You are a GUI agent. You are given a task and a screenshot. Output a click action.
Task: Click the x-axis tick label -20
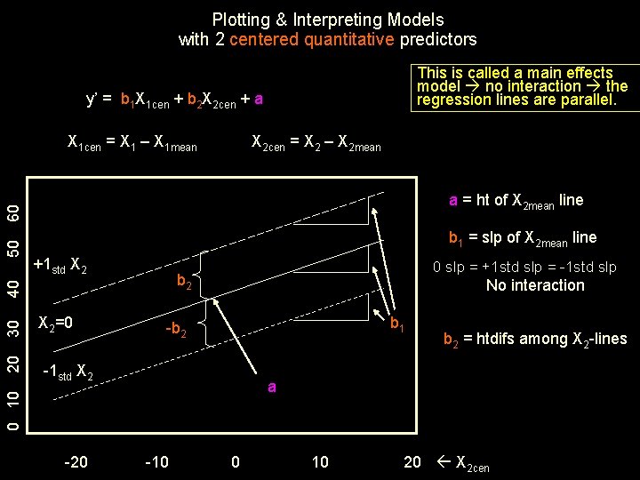coord(76,461)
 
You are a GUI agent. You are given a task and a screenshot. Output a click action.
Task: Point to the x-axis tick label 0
coord(235,461)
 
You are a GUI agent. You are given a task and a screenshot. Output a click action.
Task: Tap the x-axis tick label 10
coord(320,461)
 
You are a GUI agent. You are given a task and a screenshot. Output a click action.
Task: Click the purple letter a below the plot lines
coord(272,388)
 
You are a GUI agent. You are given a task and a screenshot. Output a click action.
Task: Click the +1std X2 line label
coord(60,264)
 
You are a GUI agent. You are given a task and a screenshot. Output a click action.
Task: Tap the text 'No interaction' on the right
coord(535,285)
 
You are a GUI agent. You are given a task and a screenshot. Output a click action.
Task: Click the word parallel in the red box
coord(586,100)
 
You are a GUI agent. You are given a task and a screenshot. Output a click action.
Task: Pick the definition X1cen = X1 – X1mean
coord(132,142)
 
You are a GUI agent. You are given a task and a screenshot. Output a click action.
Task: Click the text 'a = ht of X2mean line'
coord(516,201)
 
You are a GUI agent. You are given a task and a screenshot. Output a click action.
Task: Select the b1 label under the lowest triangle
coord(396,326)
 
